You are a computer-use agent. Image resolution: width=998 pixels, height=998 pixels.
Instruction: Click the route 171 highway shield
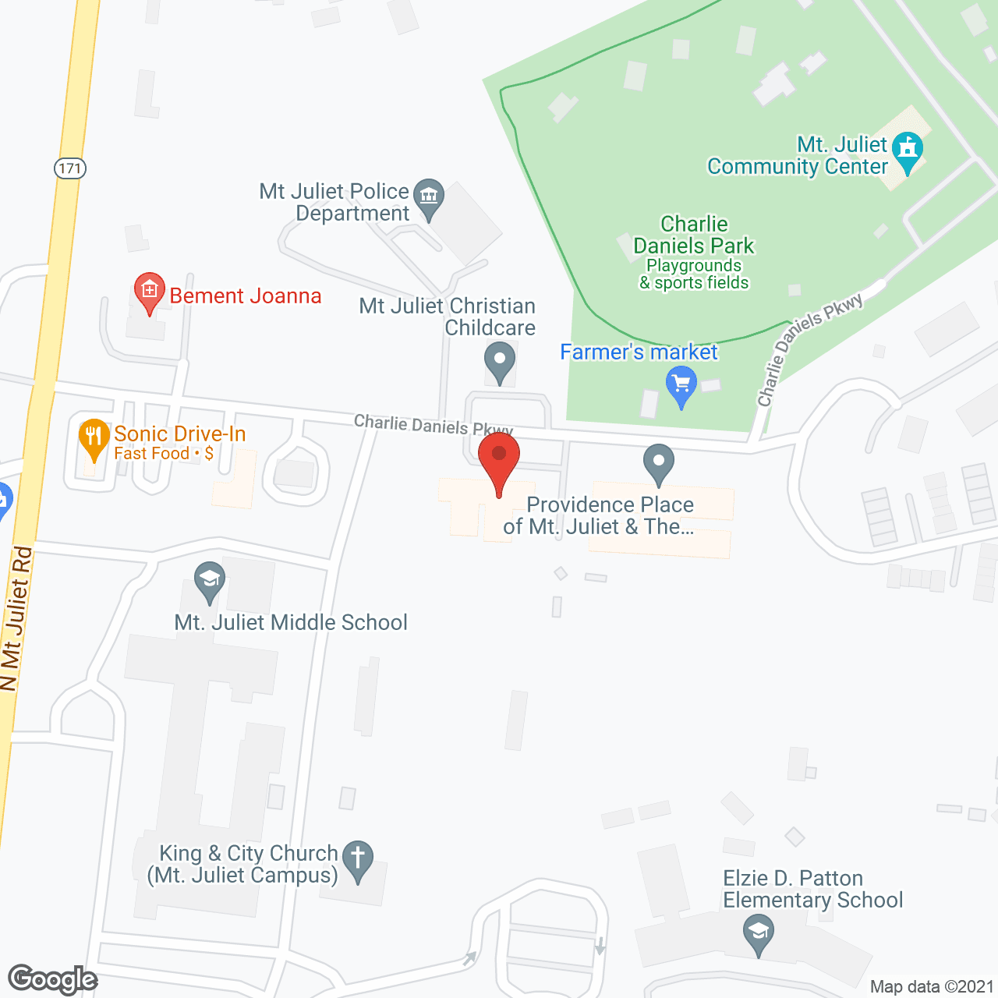(70, 168)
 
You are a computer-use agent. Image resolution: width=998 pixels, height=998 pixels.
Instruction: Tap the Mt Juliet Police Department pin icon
(429, 198)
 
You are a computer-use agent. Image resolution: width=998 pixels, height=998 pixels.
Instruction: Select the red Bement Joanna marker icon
(150, 292)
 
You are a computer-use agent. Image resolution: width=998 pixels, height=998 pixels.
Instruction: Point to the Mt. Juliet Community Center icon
(908, 150)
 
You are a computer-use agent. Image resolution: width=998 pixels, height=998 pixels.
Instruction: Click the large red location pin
(499, 460)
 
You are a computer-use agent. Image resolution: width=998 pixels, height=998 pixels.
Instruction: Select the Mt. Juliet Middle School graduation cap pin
(209, 582)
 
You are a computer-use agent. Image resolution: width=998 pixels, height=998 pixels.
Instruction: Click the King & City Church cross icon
(358, 860)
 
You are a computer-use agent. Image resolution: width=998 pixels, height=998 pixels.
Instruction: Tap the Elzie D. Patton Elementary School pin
(758, 934)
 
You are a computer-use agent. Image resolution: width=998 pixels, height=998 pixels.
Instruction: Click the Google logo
(52, 979)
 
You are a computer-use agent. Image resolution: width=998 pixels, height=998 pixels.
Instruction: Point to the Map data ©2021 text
(932, 986)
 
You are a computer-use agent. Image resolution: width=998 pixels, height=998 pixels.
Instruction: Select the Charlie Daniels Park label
(693, 235)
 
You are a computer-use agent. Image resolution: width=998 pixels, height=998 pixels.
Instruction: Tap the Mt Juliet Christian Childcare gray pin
(500, 363)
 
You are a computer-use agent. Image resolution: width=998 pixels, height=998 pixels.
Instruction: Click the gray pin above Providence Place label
(659, 463)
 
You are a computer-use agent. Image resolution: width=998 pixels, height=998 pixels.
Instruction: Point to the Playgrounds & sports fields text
(694, 274)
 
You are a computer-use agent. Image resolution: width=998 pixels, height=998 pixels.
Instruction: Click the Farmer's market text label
(639, 352)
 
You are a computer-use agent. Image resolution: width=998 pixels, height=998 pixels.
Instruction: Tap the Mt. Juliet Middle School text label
(291, 622)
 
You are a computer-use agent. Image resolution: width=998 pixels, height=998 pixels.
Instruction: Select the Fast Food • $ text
(164, 454)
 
